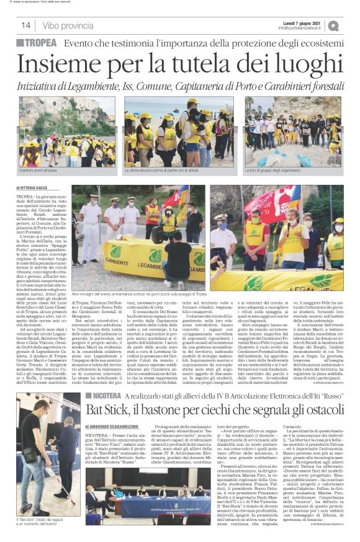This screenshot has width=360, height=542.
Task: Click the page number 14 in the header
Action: click(25, 25)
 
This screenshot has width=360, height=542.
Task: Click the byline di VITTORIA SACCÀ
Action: click(35, 186)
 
